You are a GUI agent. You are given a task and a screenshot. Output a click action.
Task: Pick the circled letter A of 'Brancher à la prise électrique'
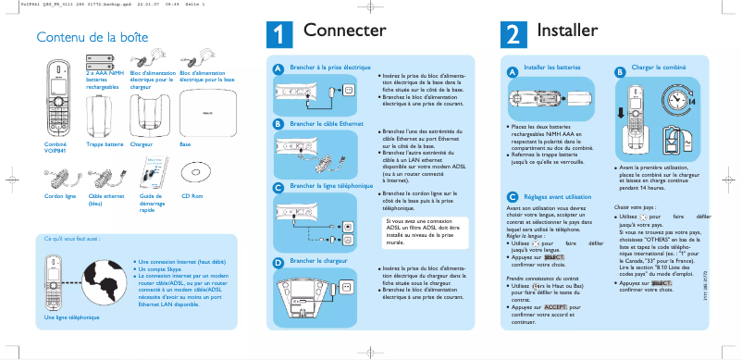[x=278, y=69]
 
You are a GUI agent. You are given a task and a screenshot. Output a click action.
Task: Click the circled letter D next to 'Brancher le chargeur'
[x=278, y=262]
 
